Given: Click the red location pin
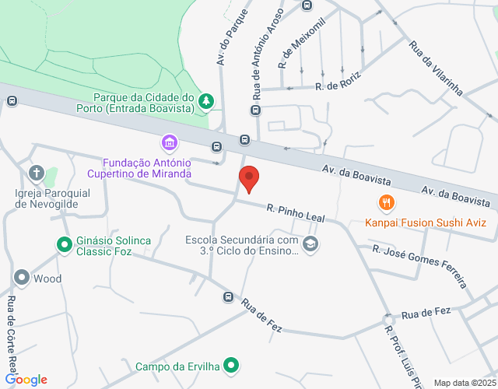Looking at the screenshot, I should (x=249, y=178).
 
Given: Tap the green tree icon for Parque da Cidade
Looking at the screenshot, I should (x=206, y=100).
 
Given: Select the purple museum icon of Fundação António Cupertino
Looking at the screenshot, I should (x=169, y=143).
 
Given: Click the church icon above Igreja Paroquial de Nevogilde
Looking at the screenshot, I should (x=36, y=173).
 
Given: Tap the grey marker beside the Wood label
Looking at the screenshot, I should (x=21, y=278).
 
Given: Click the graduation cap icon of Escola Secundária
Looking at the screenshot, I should (x=310, y=244).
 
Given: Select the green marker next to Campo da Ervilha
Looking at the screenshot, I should (x=231, y=365).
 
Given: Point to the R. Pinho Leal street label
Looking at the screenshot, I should (x=295, y=212).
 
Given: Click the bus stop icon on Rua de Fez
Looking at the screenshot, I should (x=228, y=296).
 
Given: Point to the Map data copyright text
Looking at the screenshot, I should (x=464, y=382).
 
